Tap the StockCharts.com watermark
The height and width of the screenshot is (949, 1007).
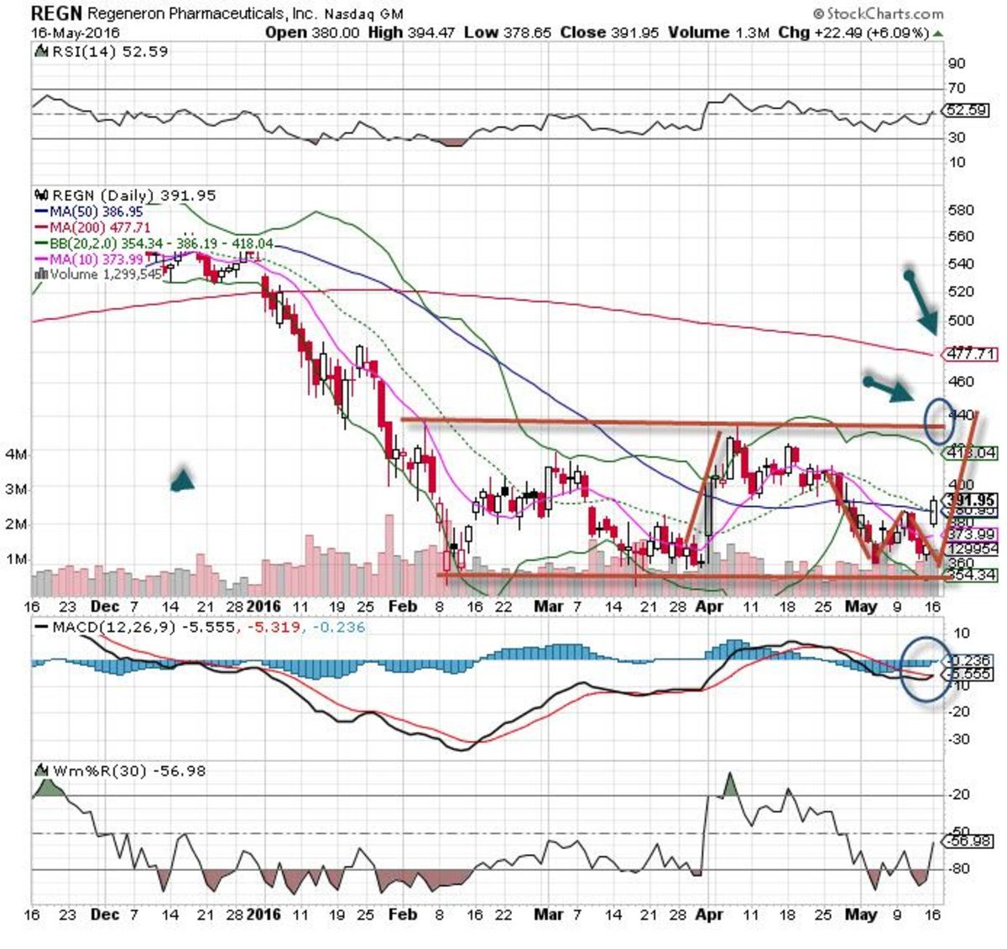coord(878,13)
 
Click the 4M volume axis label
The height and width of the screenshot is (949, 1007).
coord(16,454)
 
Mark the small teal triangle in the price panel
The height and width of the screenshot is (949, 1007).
coord(183,479)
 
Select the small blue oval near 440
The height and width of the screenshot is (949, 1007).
coord(938,420)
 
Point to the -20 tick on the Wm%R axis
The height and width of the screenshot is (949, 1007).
coord(959,795)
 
